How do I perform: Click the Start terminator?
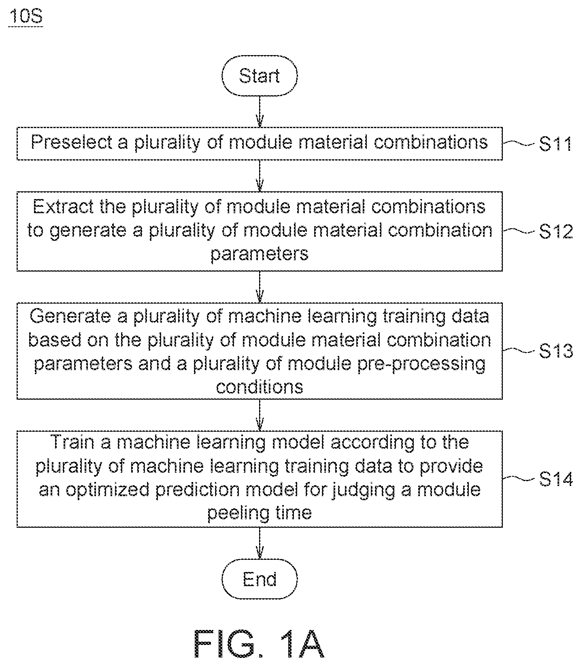coord(260,76)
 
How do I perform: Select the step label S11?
coord(555,144)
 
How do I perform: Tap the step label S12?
coord(555,231)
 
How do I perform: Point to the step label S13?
coord(555,351)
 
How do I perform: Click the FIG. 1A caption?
coord(259,643)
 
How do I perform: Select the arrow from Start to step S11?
coord(260,111)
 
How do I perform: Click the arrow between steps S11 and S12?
coord(260,176)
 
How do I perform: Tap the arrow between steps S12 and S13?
coord(260,287)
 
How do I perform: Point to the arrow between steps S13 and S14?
coord(260,415)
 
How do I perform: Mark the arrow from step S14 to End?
coord(260,543)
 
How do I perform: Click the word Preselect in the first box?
coord(72,142)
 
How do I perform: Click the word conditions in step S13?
coord(260,387)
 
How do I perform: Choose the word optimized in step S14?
coord(111,490)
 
